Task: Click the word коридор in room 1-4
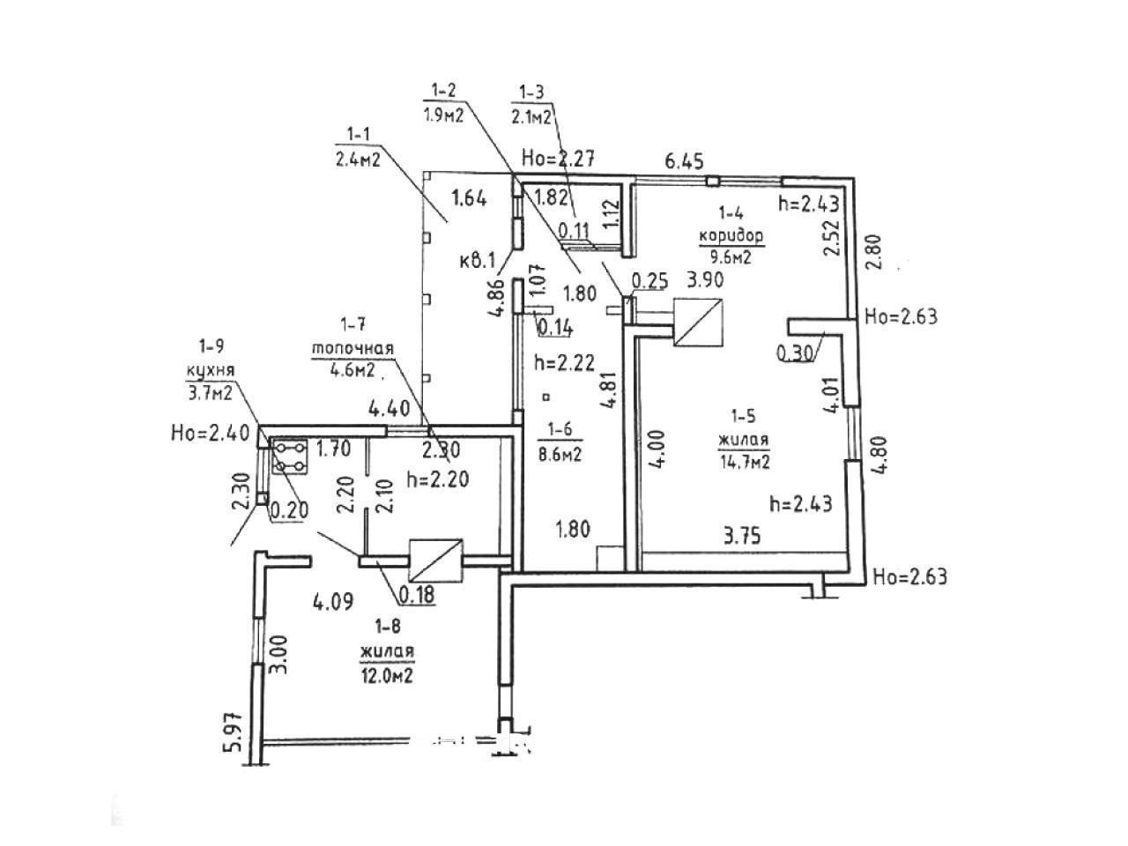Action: click(731, 236)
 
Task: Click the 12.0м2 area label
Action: click(387, 675)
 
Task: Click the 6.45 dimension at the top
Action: click(685, 163)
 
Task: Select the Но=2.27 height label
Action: click(560, 160)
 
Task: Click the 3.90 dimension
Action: click(705, 280)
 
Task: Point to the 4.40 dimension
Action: click(388, 409)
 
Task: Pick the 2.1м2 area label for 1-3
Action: click(531, 115)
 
